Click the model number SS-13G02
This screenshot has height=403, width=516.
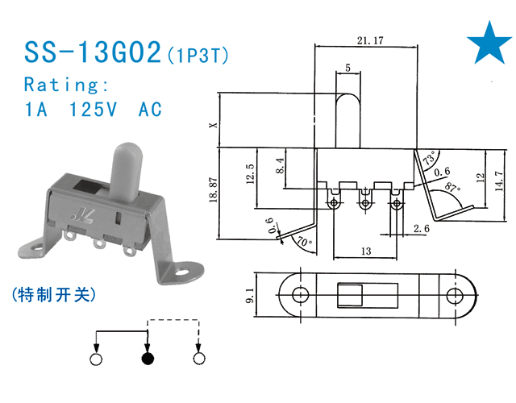click(93, 54)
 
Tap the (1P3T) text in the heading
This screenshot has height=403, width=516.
click(198, 56)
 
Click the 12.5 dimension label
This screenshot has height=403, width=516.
click(251, 174)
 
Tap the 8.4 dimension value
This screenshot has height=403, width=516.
click(281, 167)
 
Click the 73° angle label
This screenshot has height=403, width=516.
click(427, 159)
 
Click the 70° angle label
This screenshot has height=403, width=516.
click(302, 240)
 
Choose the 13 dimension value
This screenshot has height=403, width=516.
click(365, 251)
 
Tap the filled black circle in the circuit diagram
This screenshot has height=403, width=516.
click(147, 359)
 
